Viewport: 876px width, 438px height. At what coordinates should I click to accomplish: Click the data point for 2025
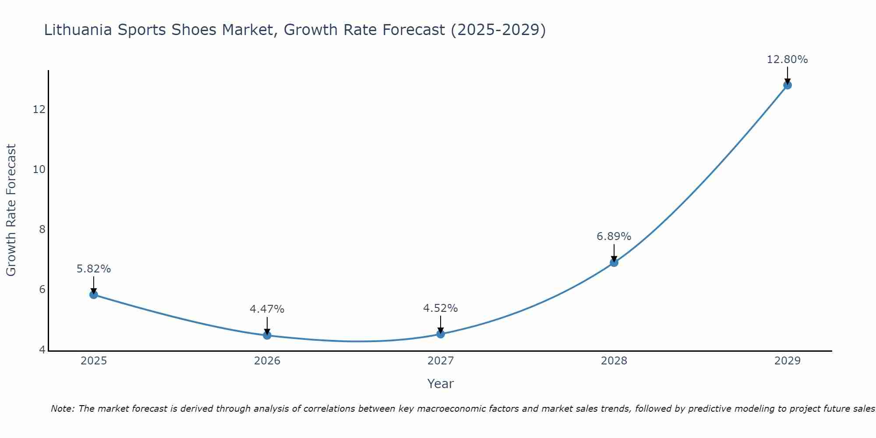[x=93, y=294]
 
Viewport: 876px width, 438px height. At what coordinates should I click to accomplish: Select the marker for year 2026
[x=267, y=335]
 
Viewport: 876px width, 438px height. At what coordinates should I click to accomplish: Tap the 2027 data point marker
[x=441, y=334]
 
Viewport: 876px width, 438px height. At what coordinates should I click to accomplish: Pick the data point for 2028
[x=614, y=262]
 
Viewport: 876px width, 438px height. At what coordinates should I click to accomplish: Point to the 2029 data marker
[x=788, y=85]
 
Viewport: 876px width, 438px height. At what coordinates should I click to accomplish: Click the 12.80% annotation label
[x=787, y=60]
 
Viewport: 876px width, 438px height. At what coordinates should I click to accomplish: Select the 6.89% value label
[x=614, y=237]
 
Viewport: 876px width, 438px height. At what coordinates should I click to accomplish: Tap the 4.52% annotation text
[x=440, y=308]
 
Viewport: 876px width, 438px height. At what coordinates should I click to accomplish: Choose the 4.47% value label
[x=267, y=309]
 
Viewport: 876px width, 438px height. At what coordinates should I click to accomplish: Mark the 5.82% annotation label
[x=94, y=269]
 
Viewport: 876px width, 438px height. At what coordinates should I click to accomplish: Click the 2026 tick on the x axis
[x=267, y=361]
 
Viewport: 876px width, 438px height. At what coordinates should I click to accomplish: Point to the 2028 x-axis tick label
[x=614, y=361]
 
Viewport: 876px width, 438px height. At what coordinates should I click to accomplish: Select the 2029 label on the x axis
[x=788, y=361]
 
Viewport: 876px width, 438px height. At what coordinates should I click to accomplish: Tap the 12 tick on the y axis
[x=39, y=109]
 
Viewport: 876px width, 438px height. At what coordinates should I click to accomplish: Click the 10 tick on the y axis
[x=39, y=169]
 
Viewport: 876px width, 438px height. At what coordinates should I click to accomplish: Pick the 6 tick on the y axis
[x=42, y=289]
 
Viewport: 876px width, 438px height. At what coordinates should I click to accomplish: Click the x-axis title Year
[x=440, y=384]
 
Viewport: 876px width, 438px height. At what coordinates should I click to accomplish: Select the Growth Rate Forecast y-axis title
[x=11, y=210]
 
